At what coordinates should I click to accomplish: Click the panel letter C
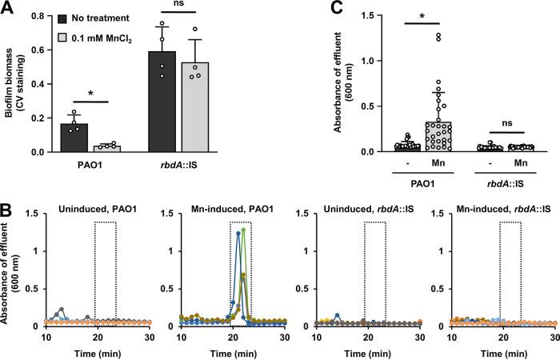(301, 8)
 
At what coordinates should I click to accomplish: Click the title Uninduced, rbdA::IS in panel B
(362, 211)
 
